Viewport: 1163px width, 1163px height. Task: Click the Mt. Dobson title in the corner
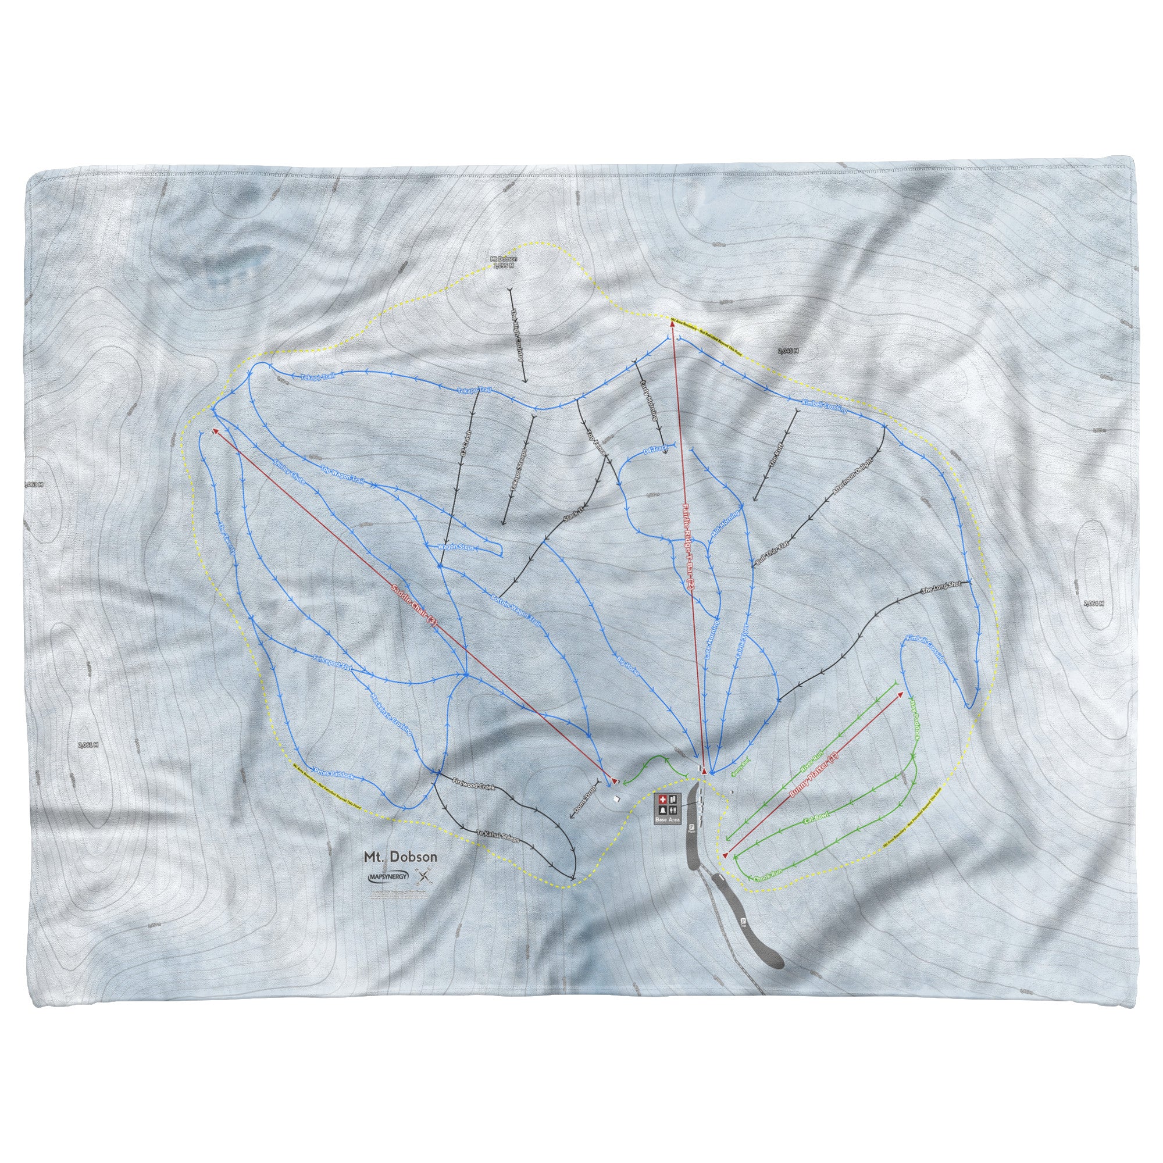[399, 856]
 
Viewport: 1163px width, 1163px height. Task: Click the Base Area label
[668, 820]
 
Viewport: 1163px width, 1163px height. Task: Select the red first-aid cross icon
[663, 799]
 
